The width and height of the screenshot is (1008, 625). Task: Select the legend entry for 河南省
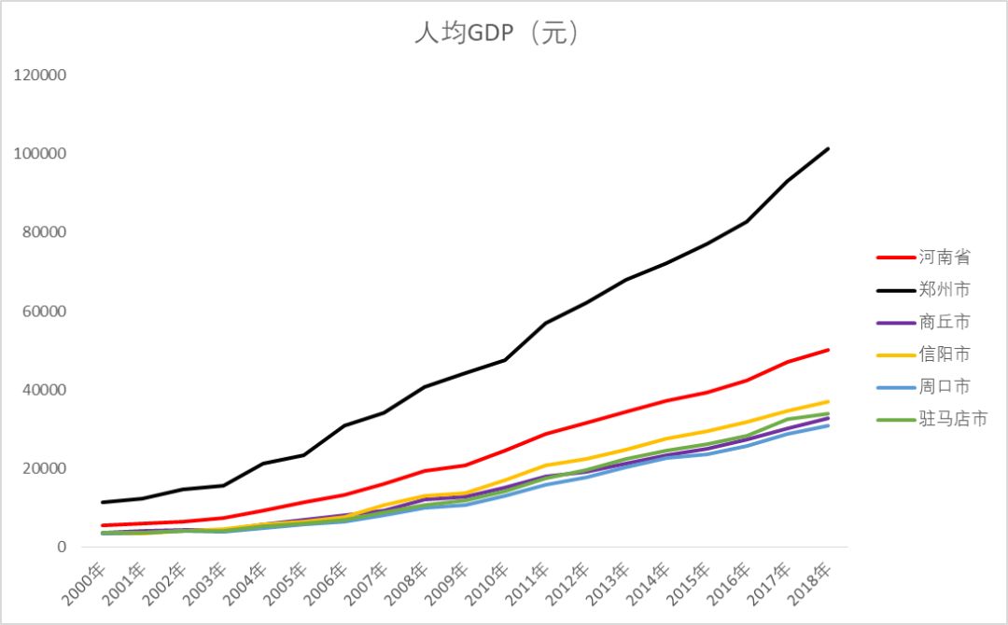click(x=944, y=257)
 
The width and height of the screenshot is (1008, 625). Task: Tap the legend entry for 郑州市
click(x=944, y=290)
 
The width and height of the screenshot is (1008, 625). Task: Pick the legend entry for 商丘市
click(x=944, y=322)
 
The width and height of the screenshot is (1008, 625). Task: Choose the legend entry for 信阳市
click(x=944, y=354)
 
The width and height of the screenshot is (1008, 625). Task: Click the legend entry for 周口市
click(x=944, y=386)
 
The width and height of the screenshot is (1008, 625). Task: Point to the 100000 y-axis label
click(x=40, y=154)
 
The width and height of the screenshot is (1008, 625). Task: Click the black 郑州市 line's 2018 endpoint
click(x=828, y=148)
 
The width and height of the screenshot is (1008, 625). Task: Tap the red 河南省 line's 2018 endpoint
click(x=828, y=350)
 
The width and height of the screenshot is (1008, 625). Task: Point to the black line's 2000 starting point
click(x=103, y=502)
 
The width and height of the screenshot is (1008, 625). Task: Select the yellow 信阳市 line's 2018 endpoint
click(x=828, y=401)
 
